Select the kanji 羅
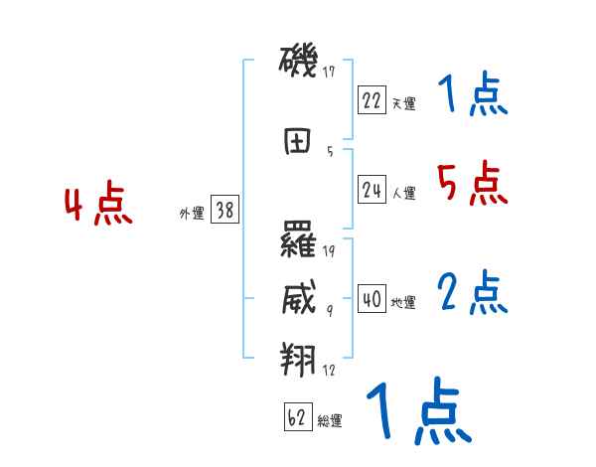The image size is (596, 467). [x=299, y=240]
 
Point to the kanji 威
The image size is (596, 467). [x=299, y=298]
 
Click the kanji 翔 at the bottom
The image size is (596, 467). [x=299, y=358]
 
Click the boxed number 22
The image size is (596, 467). [x=372, y=100]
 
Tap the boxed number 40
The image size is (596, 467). [x=372, y=299]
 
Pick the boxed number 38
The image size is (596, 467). [x=224, y=211]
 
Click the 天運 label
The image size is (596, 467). [x=403, y=103]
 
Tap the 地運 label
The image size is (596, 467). [x=403, y=302]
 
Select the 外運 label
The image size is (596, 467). [x=191, y=213]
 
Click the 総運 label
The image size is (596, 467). [x=330, y=421]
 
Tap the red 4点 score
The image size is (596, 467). [x=98, y=205]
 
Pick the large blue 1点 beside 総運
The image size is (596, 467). [x=418, y=411]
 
